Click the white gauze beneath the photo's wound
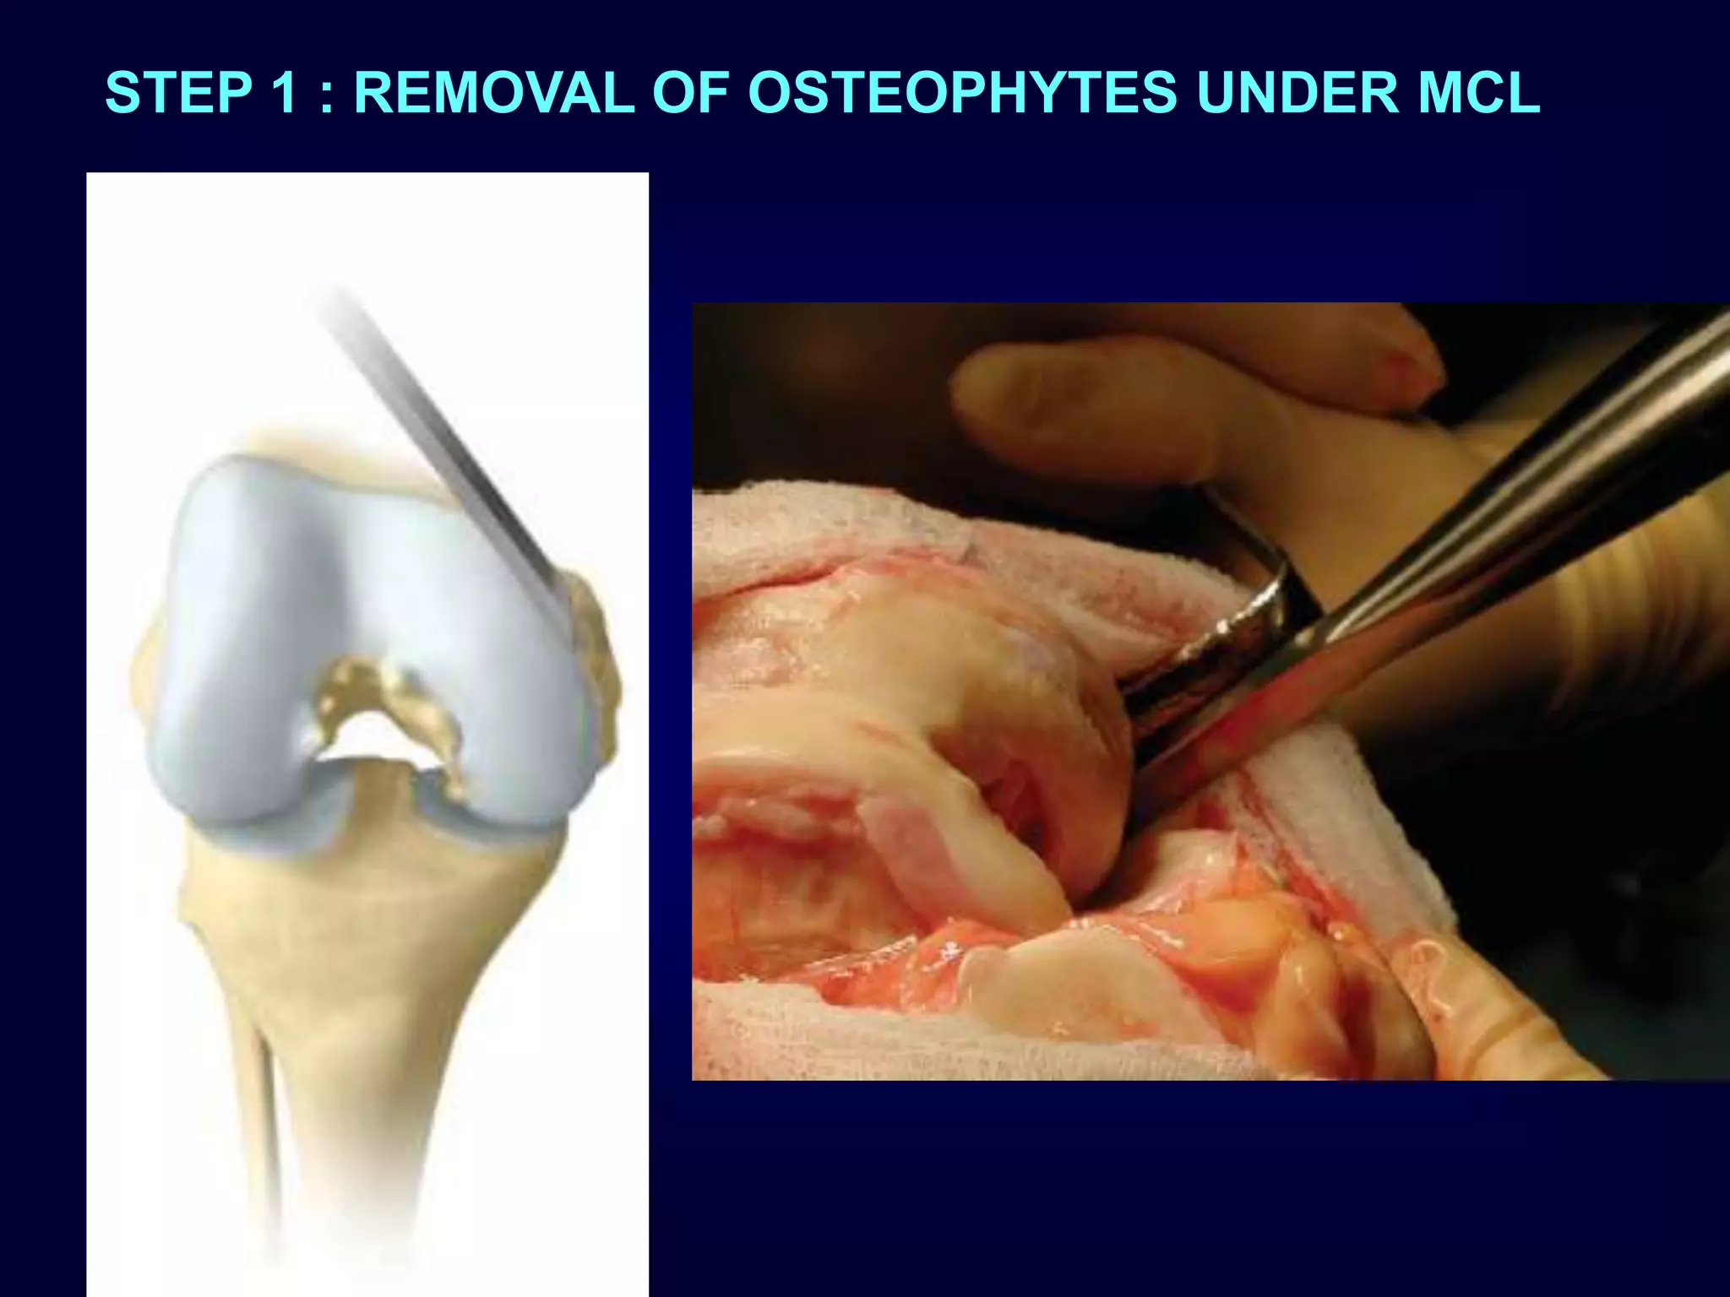coord(845,1030)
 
